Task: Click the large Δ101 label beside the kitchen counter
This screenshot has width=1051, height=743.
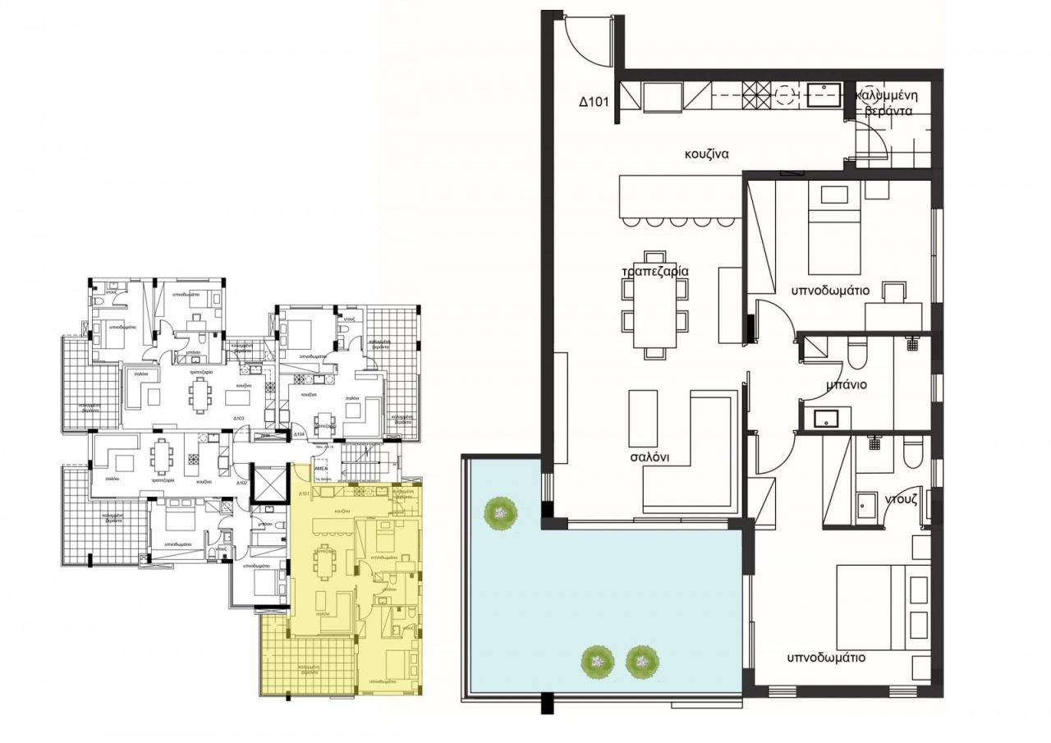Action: [593, 103]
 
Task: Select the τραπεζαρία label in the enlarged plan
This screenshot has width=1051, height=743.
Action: [654, 271]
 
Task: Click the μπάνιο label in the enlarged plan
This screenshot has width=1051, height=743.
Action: [847, 384]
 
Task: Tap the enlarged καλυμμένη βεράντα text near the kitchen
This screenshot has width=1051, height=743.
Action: [886, 104]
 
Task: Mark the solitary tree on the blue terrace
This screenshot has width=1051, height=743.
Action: [500, 514]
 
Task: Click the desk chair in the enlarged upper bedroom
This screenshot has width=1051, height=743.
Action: [895, 293]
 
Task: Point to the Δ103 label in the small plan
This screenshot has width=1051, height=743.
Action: [239, 419]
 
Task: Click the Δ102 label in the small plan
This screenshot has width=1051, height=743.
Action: [241, 483]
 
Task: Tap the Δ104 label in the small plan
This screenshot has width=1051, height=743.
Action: [299, 433]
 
